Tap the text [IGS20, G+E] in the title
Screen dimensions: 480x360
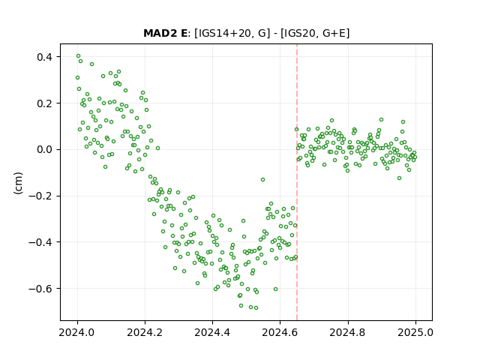pyautogui.click(x=315, y=33)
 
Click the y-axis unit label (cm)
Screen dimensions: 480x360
pyautogui.click(x=18, y=183)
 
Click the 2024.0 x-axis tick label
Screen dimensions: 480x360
pyautogui.click(x=77, y=332)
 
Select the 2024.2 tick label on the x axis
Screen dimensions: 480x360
pyautogui.click(x=145, y=332)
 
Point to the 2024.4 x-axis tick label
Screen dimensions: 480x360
pyautogui.click(x=212, y=332)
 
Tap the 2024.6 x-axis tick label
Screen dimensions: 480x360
pyautogui.click(x=280, y=332)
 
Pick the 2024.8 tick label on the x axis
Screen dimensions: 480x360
pyautogui.click(x=348, y=332)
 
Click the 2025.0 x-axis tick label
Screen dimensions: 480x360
pyautogui.click(x=415, y=332)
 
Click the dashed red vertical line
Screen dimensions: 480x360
pyautogui.click(x=297, y=182)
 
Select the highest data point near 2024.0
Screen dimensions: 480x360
pyautogui.click(x=78, y=56)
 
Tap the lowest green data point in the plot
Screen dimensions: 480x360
pyautogui.click(x=256, y=307)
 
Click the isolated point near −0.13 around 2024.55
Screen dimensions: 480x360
pyautogui.click(x=262, y=180)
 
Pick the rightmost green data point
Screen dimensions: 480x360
pyautogui.click(x=415, y=157)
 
